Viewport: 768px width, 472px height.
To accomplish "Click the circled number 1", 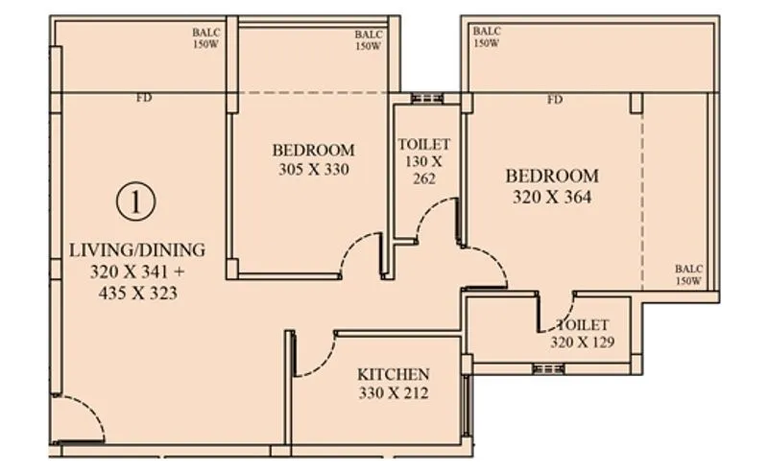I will [137, 201].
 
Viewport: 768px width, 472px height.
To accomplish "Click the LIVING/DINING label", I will [137, 250].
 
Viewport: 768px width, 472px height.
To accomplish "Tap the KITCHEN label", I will [394, 374].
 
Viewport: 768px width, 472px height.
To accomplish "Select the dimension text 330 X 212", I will [394, 392].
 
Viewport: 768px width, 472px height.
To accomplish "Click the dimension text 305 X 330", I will [313, 170].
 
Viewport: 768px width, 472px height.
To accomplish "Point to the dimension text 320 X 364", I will [552, 198].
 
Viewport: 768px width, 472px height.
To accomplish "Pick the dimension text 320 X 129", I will [582, 342].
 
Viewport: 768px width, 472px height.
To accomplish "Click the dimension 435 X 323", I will [137, 293].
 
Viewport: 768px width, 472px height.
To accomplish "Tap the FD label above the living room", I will [144, 98].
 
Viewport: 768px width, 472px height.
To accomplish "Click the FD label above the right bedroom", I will [555, 100].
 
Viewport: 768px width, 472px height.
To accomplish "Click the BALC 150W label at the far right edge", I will [688, 275].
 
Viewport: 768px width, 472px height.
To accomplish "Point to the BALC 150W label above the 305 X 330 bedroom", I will [369, 40].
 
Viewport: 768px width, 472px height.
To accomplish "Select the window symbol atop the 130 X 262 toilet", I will [424, 98].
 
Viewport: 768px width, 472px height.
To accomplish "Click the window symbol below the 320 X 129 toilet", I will [548, 368].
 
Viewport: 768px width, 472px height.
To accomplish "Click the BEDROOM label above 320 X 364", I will [552, 177].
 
